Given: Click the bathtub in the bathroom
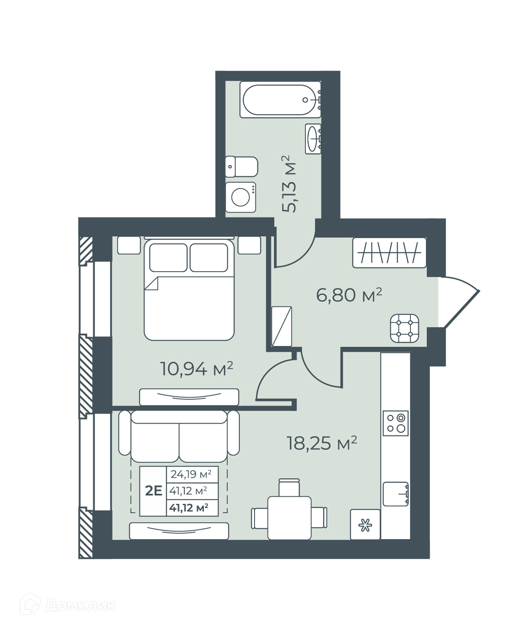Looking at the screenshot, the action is [x=280, y=100].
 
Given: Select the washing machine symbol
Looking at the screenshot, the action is [x=241, y=197].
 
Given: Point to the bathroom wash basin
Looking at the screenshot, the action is [x=313, y=139].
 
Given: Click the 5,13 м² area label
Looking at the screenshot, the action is [x=289, y=183].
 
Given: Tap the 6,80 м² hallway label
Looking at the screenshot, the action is [x=349, y=295].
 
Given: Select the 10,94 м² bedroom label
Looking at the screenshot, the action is [x=196, y=369].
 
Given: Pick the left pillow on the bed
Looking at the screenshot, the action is [x=168, y=258].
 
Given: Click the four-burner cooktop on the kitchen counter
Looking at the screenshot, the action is [x=395, y=424].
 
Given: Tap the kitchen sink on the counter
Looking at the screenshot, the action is [x=396, y=494].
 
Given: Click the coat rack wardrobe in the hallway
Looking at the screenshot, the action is [x=389, y=253].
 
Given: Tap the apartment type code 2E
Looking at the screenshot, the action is [x=154, y=491].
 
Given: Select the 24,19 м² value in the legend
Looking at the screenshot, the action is [x=191, y=474].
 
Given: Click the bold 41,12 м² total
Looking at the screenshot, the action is [x=189, y=507].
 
